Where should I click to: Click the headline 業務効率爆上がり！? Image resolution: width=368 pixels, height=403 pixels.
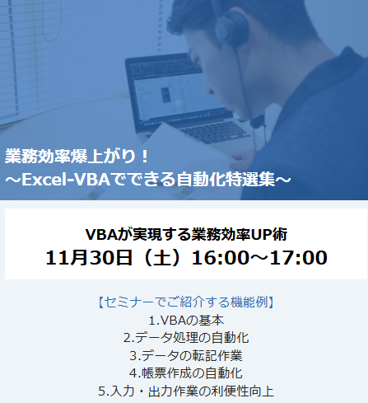pos(77,157)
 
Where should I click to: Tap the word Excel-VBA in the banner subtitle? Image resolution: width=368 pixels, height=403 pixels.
pos(66,180)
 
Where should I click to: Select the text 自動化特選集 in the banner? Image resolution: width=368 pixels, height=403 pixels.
pos(226,180)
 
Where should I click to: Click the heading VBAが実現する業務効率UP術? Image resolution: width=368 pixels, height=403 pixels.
pos(186,235)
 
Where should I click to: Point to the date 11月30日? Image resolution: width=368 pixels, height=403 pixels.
pos(89,258)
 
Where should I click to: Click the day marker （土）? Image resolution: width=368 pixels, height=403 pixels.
pos(162,258)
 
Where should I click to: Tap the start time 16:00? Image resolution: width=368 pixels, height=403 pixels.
pos(221,258)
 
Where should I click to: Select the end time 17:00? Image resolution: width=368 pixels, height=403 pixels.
pos(299,258)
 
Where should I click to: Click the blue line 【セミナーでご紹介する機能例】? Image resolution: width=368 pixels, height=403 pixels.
pos(186,302)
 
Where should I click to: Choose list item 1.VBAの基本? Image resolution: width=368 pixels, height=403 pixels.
pos(186,320)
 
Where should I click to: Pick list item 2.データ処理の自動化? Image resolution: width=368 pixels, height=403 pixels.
pos(186,338)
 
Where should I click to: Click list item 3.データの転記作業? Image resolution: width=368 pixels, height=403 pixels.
pos(186,355)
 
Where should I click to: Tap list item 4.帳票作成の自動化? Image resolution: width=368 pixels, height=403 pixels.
pos(186,373)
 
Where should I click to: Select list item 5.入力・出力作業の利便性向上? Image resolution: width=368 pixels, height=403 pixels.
pos(186,391)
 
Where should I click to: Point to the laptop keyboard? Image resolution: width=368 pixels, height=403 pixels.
pos(215,133)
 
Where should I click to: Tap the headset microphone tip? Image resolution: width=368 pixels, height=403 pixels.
pos(258,122)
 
